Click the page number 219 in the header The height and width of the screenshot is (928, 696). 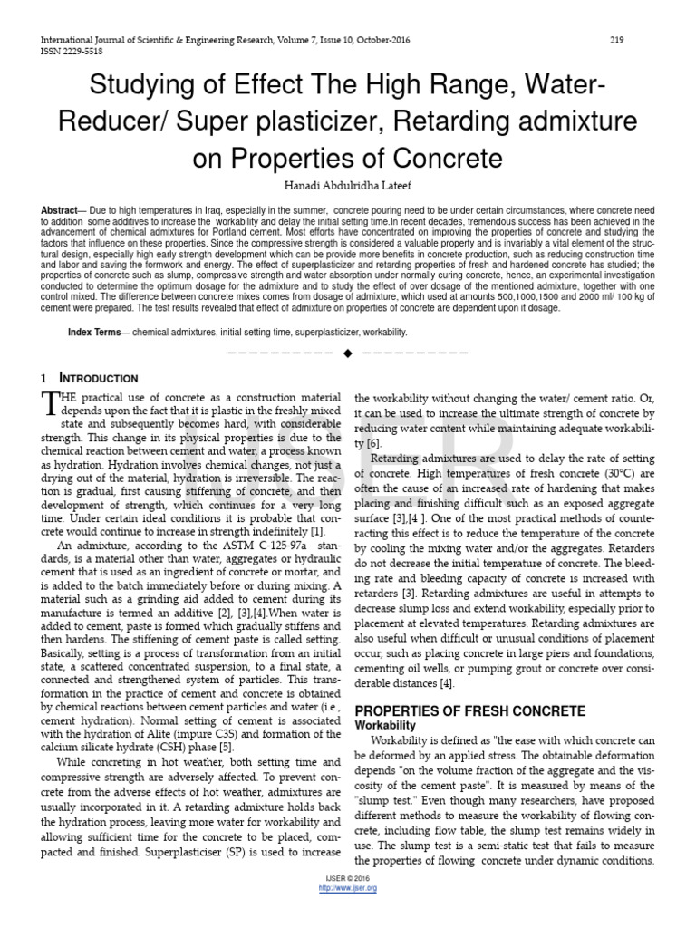616,40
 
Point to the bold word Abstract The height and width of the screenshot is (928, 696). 59,210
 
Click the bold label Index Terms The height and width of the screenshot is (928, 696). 93,333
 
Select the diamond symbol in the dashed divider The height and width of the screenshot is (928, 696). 347,353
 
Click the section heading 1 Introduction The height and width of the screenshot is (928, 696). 90,378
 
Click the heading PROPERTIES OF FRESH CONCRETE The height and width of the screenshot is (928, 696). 469,710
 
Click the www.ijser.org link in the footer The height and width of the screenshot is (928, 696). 348,887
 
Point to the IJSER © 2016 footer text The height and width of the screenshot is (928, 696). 348,879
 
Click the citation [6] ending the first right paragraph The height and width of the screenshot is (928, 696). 373,443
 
